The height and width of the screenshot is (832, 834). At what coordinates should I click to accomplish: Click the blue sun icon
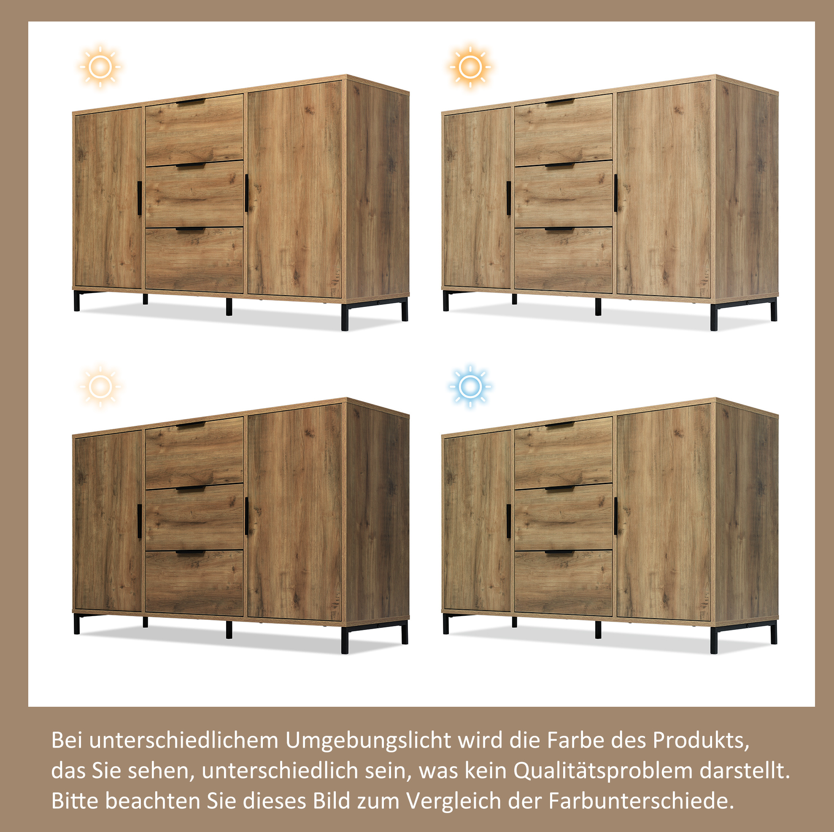pyautogui.click(x=470, y=387)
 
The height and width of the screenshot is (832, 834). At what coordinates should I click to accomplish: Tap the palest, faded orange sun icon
pyautogui.click(x=100, y=387)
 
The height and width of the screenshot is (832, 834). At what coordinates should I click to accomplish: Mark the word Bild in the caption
pyautogui.click(x=331, y=801)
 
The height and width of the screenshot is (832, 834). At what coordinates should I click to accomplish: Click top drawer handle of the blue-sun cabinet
pyautogui.click(x=560, y=425)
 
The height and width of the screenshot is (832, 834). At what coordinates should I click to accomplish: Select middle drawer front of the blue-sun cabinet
pyautogui.click(x=563, y=517)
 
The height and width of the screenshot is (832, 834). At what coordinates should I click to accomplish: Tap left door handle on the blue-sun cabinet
pyautogui.click(x=508, y=521)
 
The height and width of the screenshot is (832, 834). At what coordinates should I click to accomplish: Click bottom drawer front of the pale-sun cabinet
pyautogui.click(x=194, y=583)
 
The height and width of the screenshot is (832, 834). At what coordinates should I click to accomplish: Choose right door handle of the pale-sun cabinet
pyautogui.click(x=246, y=516)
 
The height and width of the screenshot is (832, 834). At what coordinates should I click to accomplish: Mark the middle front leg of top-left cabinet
pyautogui.click(x=229, y=307)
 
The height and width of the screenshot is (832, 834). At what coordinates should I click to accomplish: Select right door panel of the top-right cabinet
pyautogui.click(x=664, y=189)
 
